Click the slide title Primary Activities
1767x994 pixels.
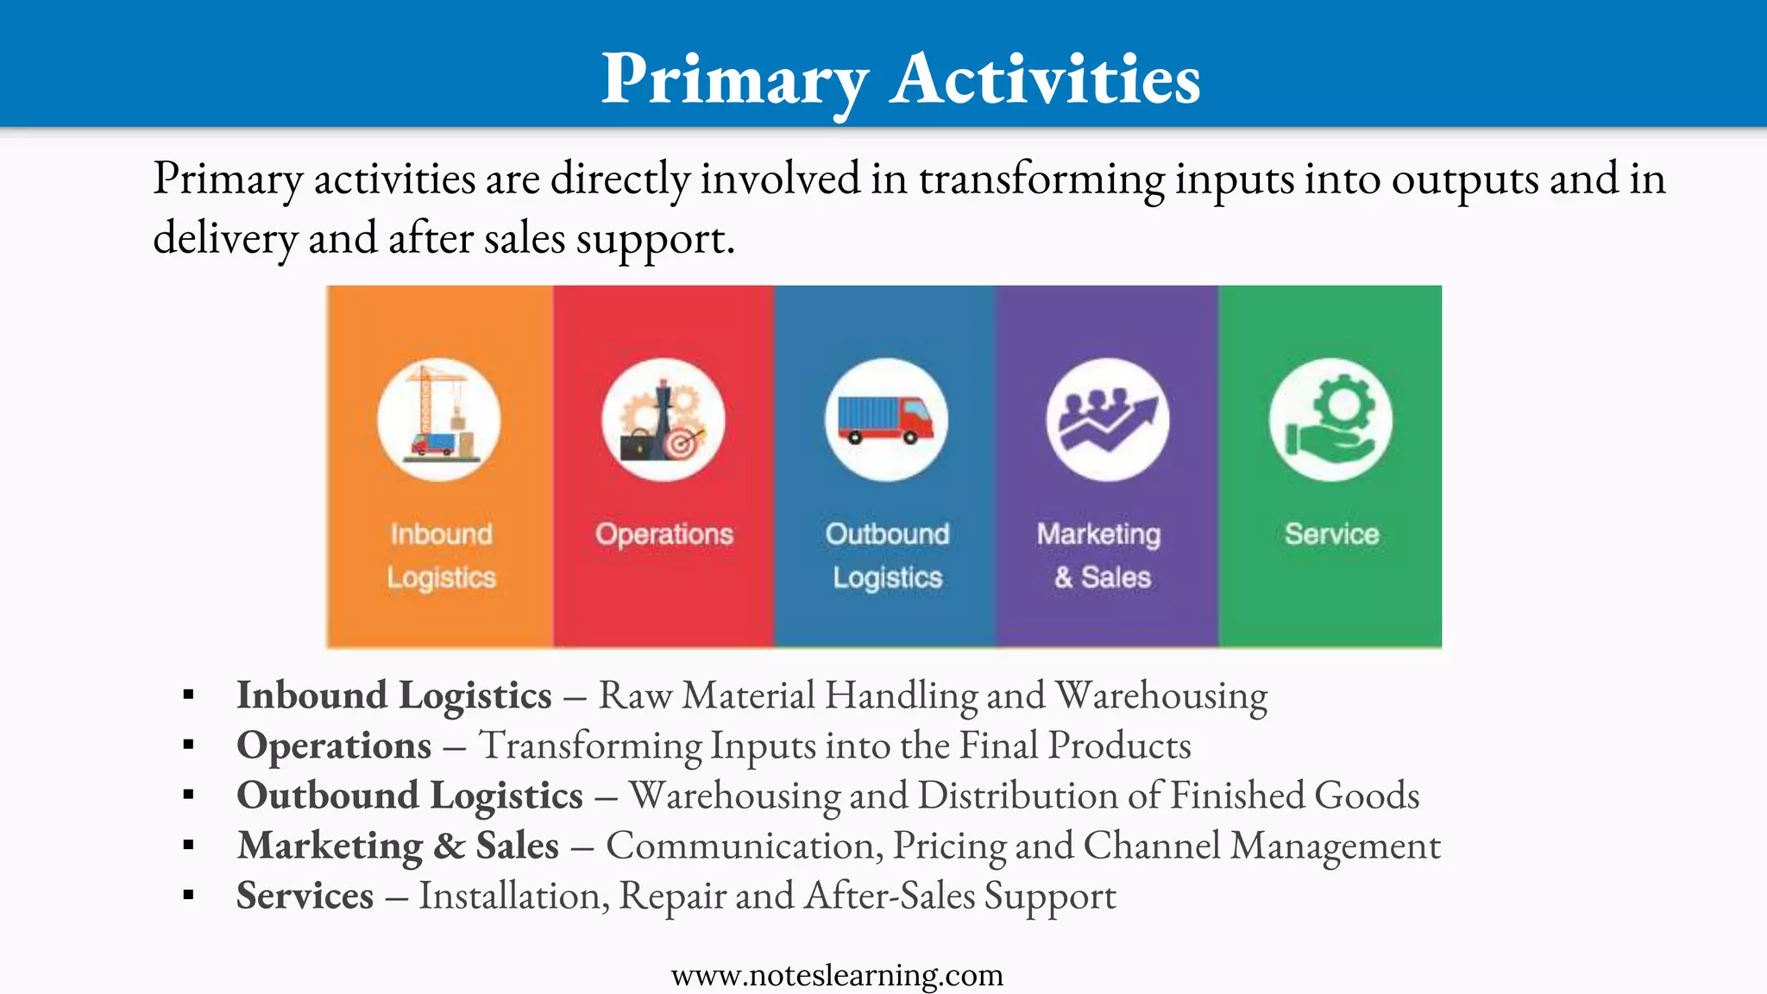pyautogui.click(x=900, y=79)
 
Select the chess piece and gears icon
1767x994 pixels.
pyautogui.click(x=663, y=420)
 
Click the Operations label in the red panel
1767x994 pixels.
pyautogui.click(x=663, y=534)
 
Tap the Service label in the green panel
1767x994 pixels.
pyautogui.click(x=1331, y=534)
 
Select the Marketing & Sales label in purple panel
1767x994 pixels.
pyautogui.click(x=1100, y=556)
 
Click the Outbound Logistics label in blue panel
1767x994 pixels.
pyautogui.click(x=887, y=556)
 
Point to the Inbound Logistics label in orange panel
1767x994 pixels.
pyautogui.click(x=441, y=556)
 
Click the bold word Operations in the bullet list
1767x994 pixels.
pyautogui.click(x=334, y=745)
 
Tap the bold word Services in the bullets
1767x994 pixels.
pyautogui.click(x=305, y=896)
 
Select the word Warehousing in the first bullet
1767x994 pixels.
pyautogui.click(x=1161, y=695)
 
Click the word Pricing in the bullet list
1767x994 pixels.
pyautogui.click(x=949, y=846)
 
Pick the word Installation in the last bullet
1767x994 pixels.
pyautogui.click(x=513, y=896)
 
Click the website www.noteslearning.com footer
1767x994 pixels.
pyautogui.click(x=837, y=975)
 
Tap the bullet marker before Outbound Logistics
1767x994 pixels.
pyautogui.click(x=188, y=795)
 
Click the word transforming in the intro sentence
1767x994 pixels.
pyautogui.click(x=1041, y=179)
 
